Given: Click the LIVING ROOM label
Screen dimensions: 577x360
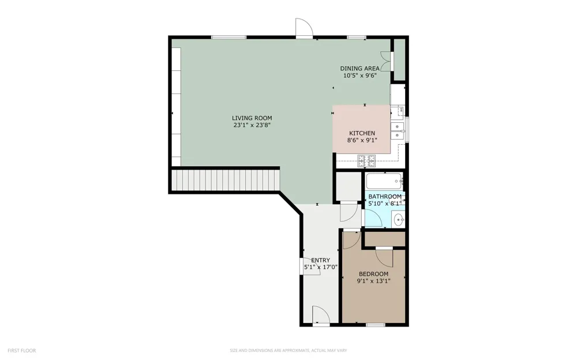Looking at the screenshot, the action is pyautogui.click(x=252, y=118).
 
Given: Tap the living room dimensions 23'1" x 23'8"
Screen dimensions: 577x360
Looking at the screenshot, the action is pyautogui.click(x=252, y=125).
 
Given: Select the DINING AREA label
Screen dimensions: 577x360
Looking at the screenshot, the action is pyautogui.click(x=359, y=69).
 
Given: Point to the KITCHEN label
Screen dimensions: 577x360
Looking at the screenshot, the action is pyautogui.click(x=362, y=133).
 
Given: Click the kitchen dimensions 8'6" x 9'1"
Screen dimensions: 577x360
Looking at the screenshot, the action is pyautogui.click(x=362, y=140).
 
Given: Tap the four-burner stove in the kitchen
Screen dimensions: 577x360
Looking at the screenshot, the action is pyautogui.click(x=367, y=161).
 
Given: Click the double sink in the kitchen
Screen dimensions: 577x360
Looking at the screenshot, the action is pyautogui.click(x=397, y=131).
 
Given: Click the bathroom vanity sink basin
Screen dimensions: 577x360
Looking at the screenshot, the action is pyautogui.click(x=399, y=220).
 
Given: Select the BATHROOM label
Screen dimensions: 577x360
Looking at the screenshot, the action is pyautogui.click(x=385, y=197).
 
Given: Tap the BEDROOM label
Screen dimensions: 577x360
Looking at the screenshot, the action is pyautogui.click(x=373, y=274).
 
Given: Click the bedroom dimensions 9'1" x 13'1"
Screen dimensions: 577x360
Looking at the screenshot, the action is pyautogui.click(x=373, y=281).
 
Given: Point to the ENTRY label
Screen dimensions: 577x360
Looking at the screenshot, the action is pyautogui.click(x=320, y=260).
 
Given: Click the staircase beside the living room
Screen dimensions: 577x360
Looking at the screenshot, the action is pyautogui.click(x=226, y=181).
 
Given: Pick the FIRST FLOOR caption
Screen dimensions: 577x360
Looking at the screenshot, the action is pyautogui.click(x=22, y=351).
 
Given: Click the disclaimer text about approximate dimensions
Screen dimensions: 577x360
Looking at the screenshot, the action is pyautogui.click(x=288, y=351).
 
